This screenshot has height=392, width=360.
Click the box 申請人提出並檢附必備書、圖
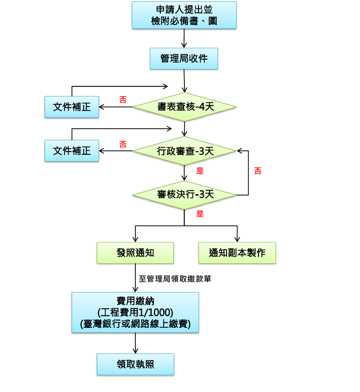(x=184, y=15)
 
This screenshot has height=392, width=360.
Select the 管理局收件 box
(x=184, y=58)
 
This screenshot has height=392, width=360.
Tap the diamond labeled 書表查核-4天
(x=184, y=107)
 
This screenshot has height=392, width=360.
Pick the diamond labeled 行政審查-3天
(x=184, y=151)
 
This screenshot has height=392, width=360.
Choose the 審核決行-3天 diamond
(x=184, y=195)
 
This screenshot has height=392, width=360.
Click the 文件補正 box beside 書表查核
(x=72, y=107)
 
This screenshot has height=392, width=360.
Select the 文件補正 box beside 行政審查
(x=72, y=150)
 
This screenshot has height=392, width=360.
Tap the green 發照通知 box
(x=135, y=253)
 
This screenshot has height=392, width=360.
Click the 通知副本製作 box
(x=237, y=253)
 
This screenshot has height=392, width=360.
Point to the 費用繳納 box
(x=135, y=312)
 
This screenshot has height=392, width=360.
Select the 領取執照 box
(x=135, y=364)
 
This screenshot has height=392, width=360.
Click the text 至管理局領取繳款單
(x=175, y=279)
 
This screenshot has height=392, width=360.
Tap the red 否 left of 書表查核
(x=123, y=100)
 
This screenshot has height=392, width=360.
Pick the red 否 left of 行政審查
(x=123, y=144)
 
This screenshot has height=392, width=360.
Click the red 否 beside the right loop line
(x=257, y=171)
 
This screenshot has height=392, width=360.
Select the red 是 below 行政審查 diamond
(x=200, y=171)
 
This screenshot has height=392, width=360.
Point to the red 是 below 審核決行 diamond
(x=200, y=214)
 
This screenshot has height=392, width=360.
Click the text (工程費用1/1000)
(x=135, y=312)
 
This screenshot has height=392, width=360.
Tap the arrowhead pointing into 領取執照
(x=135, y=351)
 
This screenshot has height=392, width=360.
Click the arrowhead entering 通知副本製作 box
(x=237, y=239)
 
